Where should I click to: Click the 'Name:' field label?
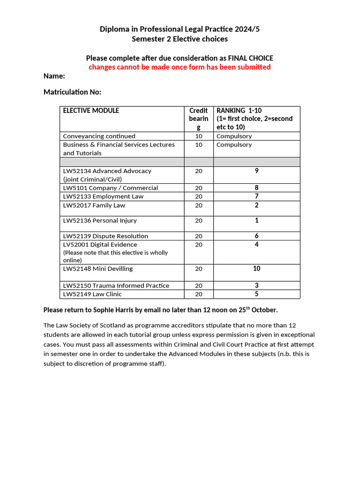[x=54, y=76]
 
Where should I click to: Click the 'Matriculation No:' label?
[x=72, y=92]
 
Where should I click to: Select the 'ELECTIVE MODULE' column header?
[x=91, y=111]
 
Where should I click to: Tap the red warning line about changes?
[x=180, y=67]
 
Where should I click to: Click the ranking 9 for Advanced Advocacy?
[x=256, y=171]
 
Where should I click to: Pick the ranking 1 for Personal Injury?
[x=256, y=220]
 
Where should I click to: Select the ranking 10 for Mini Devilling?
[x=256, y=269]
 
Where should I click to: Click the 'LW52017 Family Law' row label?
[x=94, y=205]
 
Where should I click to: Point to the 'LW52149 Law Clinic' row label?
[x=92, y=294]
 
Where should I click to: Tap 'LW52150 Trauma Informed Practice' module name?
[x=116, y=285]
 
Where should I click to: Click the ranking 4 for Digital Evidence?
[x=256, y=244]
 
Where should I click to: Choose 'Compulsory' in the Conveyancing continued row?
[x=234, y=136]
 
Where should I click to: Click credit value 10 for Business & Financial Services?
[x=199, y=144]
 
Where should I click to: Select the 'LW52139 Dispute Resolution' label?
[x=105, y=236]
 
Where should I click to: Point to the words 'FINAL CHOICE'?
[x=250, y=58]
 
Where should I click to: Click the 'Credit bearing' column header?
[x=199, y=119]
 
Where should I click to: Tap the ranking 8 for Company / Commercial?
[x=256, y=188]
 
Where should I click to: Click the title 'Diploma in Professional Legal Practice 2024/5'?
[x=180, y=29]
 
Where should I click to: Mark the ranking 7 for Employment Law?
[x=256, y=196]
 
